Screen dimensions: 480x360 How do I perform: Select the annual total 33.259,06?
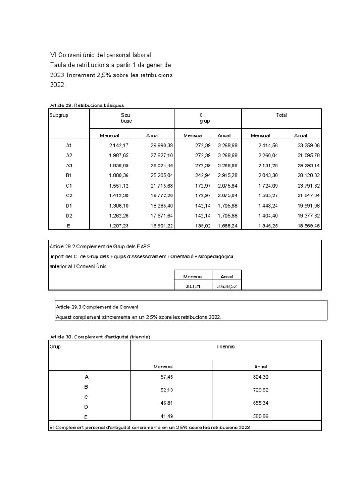click(308, 146)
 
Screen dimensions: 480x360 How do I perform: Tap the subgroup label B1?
click(69, 175)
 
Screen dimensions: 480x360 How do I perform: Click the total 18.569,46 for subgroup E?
click(308, 225)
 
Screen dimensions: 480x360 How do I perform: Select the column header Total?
click(281, 115)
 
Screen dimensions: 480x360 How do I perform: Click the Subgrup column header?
click(59, 115)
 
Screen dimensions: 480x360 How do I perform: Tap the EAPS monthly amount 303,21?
click(193, 285)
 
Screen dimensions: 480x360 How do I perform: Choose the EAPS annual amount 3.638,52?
click(227, 285)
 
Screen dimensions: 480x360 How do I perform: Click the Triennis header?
click(225, 347)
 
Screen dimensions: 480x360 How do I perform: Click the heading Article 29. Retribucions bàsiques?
click(87, 105)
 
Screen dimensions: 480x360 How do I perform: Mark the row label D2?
click(69, 215)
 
